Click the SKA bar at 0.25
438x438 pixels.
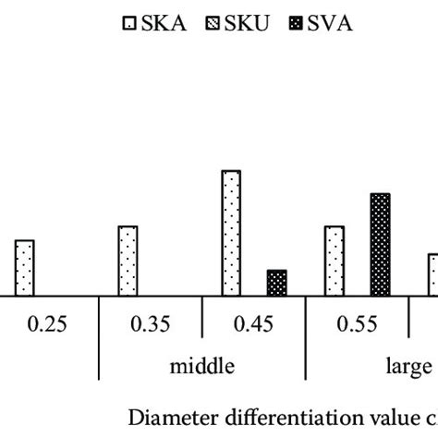[24, 268]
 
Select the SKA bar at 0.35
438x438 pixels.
[128, 261]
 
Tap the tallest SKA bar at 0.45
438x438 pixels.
[231, 233]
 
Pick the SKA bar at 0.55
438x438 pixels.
[335, 261]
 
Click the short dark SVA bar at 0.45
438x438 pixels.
[276, 283]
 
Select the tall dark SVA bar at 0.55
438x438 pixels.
[380, 245]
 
